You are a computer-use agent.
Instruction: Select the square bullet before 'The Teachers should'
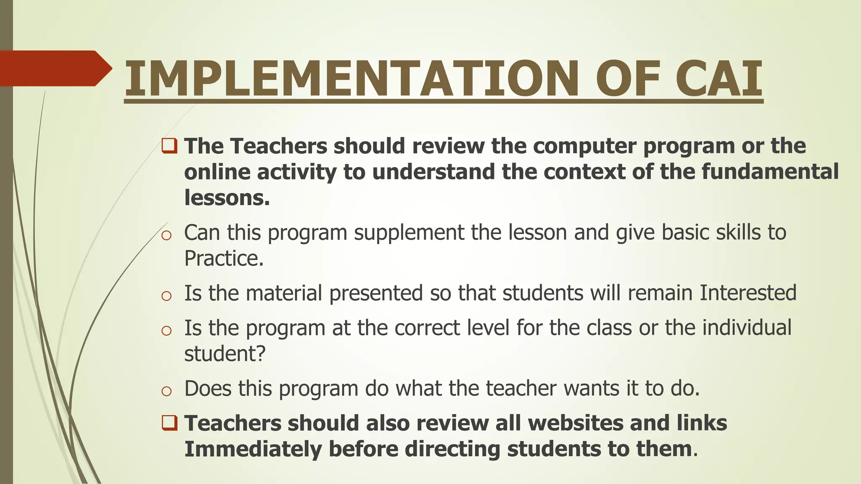169,146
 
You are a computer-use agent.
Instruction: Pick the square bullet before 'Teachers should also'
169,422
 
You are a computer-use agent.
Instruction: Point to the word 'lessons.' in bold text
227,197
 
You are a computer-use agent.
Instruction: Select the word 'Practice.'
224,258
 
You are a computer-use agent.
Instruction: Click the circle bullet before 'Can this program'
166,236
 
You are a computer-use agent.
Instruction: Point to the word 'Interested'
748,293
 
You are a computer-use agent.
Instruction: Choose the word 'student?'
225,353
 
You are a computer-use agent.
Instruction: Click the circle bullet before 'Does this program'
166,392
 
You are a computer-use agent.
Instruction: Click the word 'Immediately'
253,449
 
